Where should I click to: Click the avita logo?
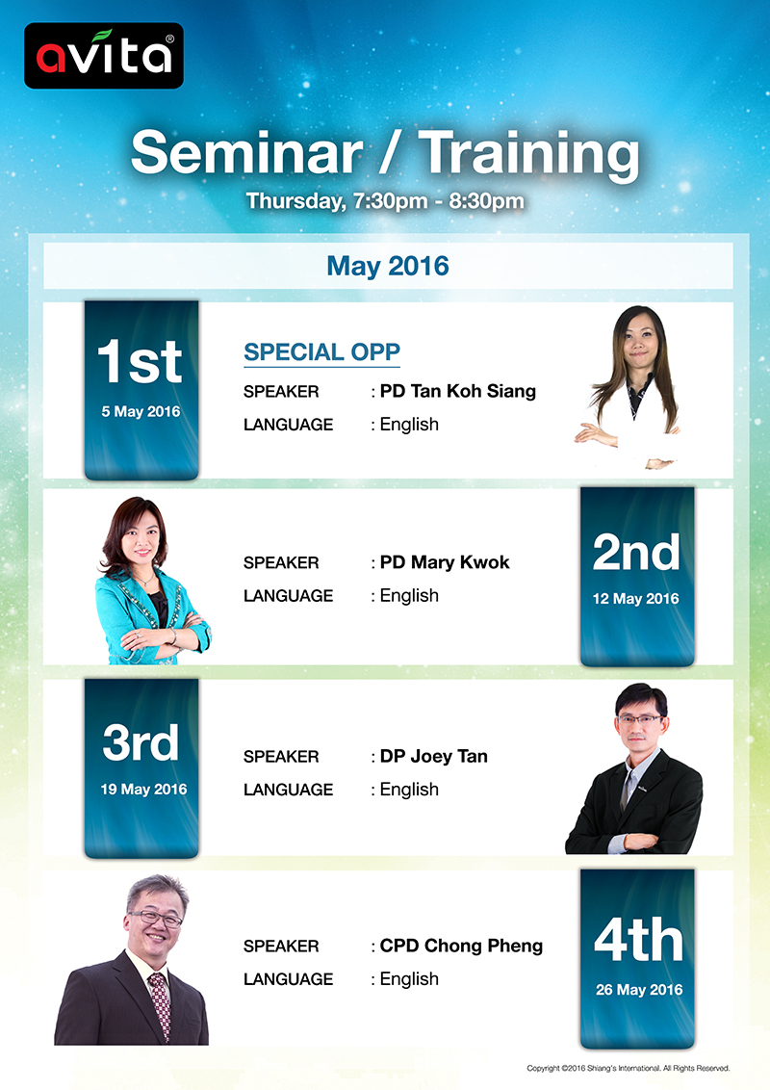pyautogui.click(x=104, y=56)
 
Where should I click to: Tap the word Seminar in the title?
pyautogui.click(x=246, y=153)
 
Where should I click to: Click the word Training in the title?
pyautogui.click(x=528, y=156)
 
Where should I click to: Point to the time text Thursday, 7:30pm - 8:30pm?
pyautogui.click(x=385, y=201)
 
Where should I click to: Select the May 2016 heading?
pyautogui.click(x=388, y=266)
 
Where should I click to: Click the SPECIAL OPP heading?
pyautogui.click(x=321, y=351)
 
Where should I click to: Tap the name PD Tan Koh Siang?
pyautogui.click(x=458, y=391)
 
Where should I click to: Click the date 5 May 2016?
pyautogui.click(x=141, y=411)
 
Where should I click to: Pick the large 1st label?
pyautogui.click(x=140, y=361)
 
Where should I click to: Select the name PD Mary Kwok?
pyautogui.click(x=445, y=561)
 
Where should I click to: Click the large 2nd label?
pyautogui.click(x=636, y=553)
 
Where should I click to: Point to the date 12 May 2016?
pyautogui.click(x=636, y=599)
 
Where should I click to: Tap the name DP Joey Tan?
pyautogui.click(x=434, y=756)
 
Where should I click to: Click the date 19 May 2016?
pyautogui.click(x=143, y=789)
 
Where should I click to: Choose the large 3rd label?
pyautogui.click(x=141, y=742)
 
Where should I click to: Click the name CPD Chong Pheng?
pyautogui.click(x=461, y=947)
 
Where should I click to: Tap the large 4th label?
pyautogui.click(x=639, y=940)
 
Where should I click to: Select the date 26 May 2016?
pyautogui.click(x=639, y=989)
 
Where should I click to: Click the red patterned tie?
pyautogui.click(x=161, y=1006)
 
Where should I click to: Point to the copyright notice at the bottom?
pyautogui.click(x=629, y=1068)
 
